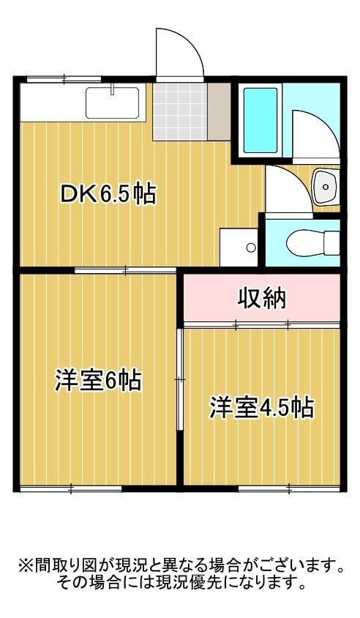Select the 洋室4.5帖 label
tap(262, 406)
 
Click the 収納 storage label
tap(261, 299)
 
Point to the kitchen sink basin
tap(113, 103)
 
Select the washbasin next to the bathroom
tap(323, 187)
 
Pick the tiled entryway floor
tap(179, 110)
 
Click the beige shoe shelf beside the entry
tap(217, 110)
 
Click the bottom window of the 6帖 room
tap(70, 488)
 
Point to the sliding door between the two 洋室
tap(179, 379)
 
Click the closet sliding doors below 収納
tap(261, 323)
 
